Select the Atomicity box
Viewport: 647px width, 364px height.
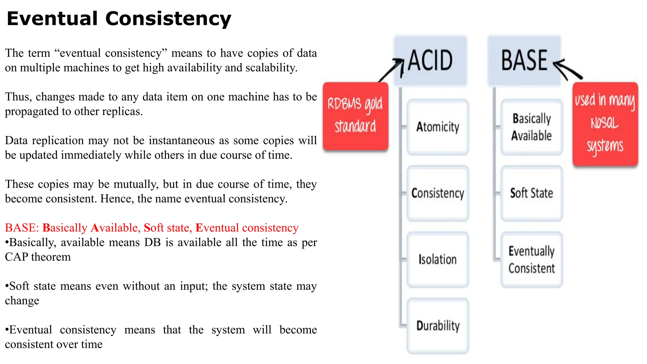(x=438, y=127)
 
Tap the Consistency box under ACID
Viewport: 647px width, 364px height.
(x=438, y=193)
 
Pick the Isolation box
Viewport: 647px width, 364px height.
(x=438, y=259)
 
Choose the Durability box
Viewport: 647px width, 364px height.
(x=438, y=326)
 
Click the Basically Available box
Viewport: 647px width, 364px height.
(x=531, y=127)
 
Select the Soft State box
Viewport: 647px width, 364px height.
(x=531, y=193)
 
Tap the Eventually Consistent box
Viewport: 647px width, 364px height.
(x=531, y=259)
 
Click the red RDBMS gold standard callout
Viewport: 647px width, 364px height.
(x=355, y=116)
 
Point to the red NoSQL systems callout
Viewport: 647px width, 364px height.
(x=605, y=124)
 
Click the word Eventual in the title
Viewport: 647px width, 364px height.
(x=52, y=18)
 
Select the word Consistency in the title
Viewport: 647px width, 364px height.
(x=168, y=19)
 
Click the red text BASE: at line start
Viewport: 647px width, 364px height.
(x=22, y=228)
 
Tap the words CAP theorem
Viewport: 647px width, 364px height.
(x=38, y=257)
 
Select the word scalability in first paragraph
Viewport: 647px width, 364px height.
(x=271, y=68)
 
